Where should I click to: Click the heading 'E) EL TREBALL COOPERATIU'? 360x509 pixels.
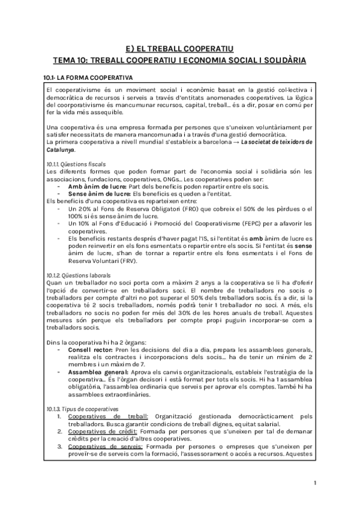pos(179,49)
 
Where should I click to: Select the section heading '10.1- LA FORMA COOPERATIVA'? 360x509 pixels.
pos(89,78)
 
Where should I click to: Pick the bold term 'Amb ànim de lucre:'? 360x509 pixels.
pos(94,186)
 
